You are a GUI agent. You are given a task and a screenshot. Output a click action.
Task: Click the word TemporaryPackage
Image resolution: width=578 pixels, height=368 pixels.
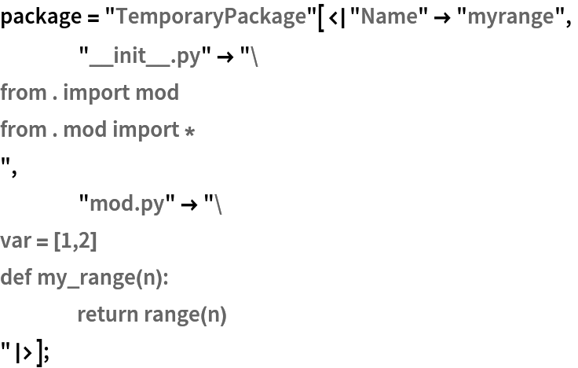210,17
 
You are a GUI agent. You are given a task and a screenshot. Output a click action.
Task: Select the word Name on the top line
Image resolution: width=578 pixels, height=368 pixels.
389,17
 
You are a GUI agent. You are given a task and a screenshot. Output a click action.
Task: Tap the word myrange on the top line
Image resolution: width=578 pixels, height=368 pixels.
510,17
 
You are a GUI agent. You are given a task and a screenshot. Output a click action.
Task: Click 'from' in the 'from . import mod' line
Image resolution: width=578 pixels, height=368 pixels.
23,93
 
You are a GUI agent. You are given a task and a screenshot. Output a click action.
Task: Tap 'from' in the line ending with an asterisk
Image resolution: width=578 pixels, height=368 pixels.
23,129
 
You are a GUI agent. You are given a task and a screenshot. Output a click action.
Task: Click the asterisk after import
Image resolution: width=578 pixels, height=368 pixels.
189,131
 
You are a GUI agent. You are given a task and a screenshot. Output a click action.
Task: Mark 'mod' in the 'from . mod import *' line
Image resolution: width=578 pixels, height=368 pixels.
84,129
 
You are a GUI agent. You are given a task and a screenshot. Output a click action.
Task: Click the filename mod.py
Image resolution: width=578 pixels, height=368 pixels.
126,204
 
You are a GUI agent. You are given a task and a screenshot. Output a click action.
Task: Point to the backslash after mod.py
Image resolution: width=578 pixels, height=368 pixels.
218,204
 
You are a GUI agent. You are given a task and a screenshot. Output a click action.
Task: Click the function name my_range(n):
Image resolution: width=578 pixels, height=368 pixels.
103,278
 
